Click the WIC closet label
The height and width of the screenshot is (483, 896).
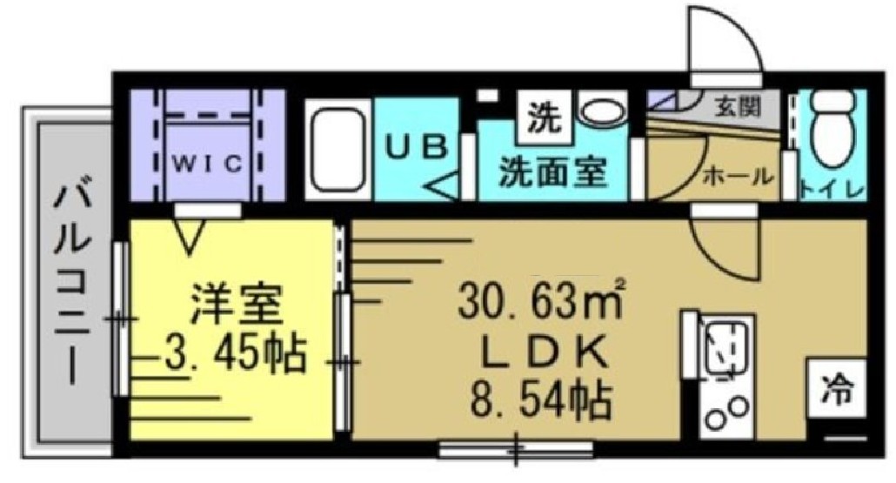tap(207, 164)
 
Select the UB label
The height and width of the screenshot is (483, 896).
tap(416, 147)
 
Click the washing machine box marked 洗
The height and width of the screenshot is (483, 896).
tap(544, 117)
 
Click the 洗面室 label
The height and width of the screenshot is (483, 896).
tap(552, 171)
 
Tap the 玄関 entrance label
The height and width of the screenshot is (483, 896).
tap(740, 106)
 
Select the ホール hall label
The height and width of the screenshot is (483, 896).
tap(738, 177)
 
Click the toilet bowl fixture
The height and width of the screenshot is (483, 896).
tap(833, 131)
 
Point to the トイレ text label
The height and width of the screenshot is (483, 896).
tap(832, 189)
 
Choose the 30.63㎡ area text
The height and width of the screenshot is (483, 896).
tap(540, 301)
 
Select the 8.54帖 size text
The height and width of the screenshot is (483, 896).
tap(541, 400)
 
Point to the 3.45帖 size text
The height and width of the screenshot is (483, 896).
tap(234, 353)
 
